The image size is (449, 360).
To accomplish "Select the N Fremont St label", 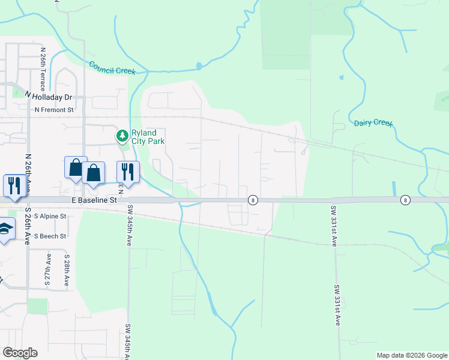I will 54,110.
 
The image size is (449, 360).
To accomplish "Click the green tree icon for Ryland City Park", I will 122,136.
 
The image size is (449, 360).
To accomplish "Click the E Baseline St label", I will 93,199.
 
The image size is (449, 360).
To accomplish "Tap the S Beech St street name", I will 50,236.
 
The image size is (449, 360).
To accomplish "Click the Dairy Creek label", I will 373,123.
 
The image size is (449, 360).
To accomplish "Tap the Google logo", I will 20,353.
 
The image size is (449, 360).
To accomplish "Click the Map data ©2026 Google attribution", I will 412,355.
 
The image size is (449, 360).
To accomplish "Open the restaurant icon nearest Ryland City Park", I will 128,170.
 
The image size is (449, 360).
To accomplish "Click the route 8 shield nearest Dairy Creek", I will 406,200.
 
